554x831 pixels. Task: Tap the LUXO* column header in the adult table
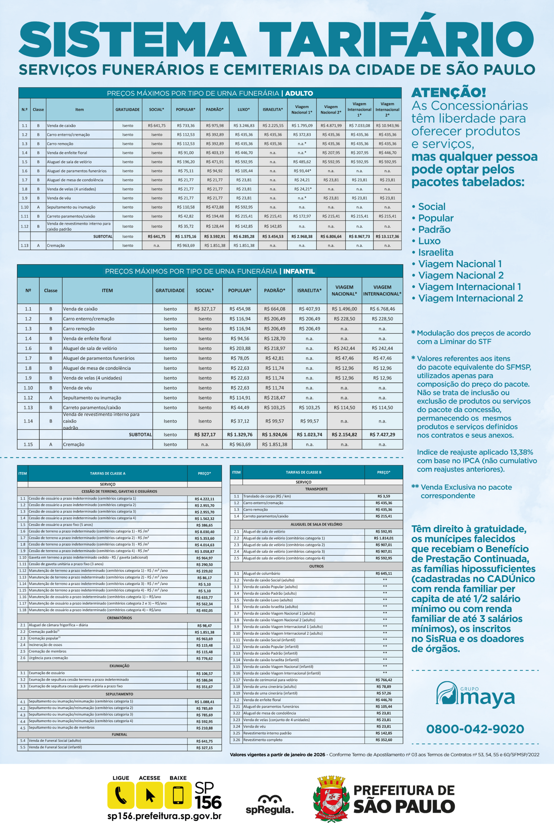click(243, 109)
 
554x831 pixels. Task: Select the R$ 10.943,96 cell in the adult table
click(387, 125)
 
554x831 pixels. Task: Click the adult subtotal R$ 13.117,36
click(387, 236)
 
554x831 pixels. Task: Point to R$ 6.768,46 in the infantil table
click(382, 309)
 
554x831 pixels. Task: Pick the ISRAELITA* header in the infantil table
click(309, 291)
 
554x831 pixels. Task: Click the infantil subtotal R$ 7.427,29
click(382, 435)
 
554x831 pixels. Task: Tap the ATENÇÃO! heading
click(449, 92)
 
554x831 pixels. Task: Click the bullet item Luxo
click(429, 241)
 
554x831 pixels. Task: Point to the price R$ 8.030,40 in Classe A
click(204, 532)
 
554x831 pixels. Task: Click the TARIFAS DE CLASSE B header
click(304, 472)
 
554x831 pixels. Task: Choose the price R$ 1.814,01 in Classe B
click(384, 538)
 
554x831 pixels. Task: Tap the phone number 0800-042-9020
click(475, 729)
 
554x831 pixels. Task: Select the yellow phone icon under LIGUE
click(121, 795)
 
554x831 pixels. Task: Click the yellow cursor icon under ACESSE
click(150, 795)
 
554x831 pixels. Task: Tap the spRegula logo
click(270, 804)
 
